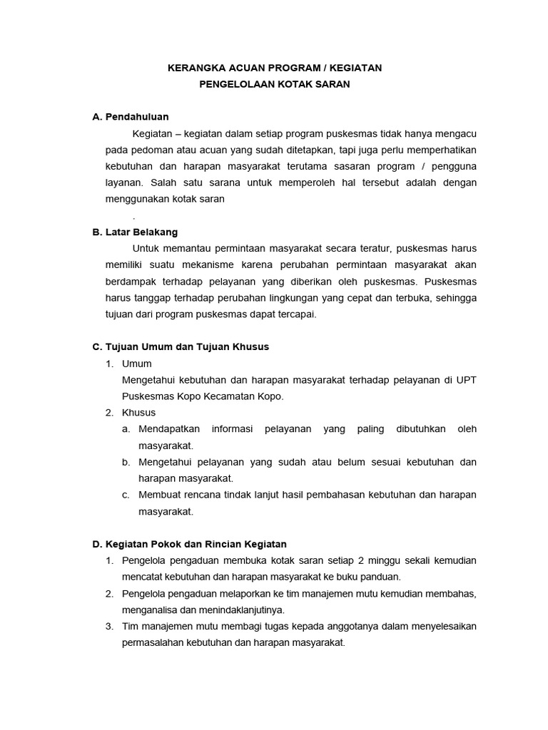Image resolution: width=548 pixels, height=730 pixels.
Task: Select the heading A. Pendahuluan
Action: [x=131, y=116]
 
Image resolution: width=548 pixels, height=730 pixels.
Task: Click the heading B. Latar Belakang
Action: [x=135, y=232]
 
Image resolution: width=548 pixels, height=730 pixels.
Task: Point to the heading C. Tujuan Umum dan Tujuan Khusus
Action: [x=181, y=346]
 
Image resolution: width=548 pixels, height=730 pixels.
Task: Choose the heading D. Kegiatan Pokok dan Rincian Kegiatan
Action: [x=190, y=543]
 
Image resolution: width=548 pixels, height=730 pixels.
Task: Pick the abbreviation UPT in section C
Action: [x=465, y=379]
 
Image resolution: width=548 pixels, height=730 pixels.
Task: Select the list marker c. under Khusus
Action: [x=126, y=494]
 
